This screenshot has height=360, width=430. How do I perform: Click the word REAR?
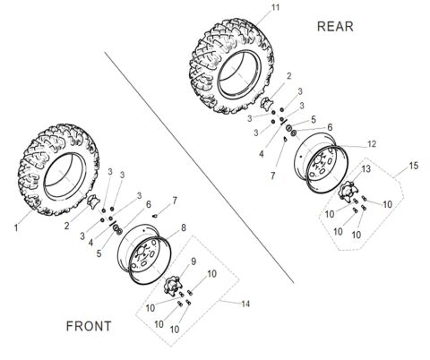336,26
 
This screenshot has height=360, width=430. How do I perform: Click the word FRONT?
90,326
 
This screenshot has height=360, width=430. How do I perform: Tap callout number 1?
16,228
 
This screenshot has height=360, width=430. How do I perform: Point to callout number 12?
372,144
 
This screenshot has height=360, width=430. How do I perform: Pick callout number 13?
365,169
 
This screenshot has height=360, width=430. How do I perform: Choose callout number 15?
413,167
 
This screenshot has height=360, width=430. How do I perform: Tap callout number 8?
184,228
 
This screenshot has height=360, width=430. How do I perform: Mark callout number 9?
192,261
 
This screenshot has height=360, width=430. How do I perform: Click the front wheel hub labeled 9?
170,276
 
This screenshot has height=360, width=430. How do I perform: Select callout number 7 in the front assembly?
176,199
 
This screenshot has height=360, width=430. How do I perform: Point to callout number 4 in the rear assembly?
261,154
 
